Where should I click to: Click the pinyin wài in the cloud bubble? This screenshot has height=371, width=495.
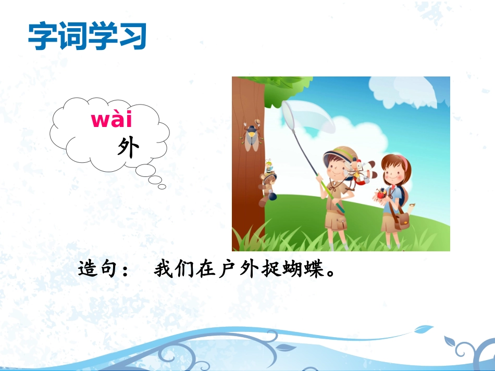tap(112, 120)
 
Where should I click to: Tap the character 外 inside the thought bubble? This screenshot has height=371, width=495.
tap(128, 149)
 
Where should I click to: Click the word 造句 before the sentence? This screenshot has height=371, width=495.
tap(99, 270)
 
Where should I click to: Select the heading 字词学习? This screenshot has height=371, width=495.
tap(88, 36)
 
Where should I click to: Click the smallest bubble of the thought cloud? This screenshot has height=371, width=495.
tap(162, 186)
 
